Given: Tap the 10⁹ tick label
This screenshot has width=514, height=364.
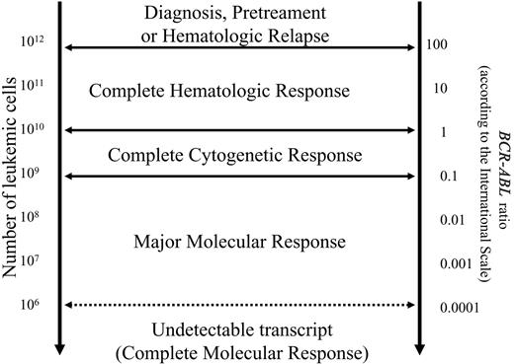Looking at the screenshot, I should click(34, 178).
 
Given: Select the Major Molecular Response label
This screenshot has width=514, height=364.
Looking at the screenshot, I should click(240, 240).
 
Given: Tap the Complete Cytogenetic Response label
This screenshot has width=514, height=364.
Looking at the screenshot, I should click(234, 155).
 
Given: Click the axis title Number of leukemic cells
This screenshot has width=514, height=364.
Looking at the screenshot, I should click(13, 182).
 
